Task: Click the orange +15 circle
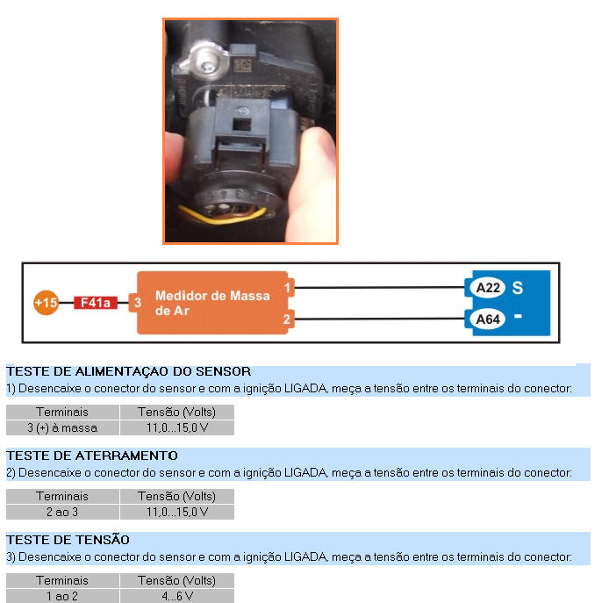(47, 303)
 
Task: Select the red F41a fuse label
(96, 303)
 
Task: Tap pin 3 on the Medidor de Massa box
(137, 303)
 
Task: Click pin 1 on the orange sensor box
(288, 288)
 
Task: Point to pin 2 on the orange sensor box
(288, 319)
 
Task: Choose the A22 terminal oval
(488, 288)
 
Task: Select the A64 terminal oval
(488, 319)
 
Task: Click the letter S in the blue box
(518, 288)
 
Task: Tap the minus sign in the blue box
(518, 316)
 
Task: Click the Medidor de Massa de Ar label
(212, 303)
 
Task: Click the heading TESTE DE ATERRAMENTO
(92, 456)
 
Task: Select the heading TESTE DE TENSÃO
(68, 540)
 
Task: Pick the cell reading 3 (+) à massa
(62, 427)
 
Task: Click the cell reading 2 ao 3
(62, 512)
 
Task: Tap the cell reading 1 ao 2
(62, 596)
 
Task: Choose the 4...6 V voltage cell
(177, 596)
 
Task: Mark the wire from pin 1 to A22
(379, 288)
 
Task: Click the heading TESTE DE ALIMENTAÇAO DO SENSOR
(129, 371)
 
